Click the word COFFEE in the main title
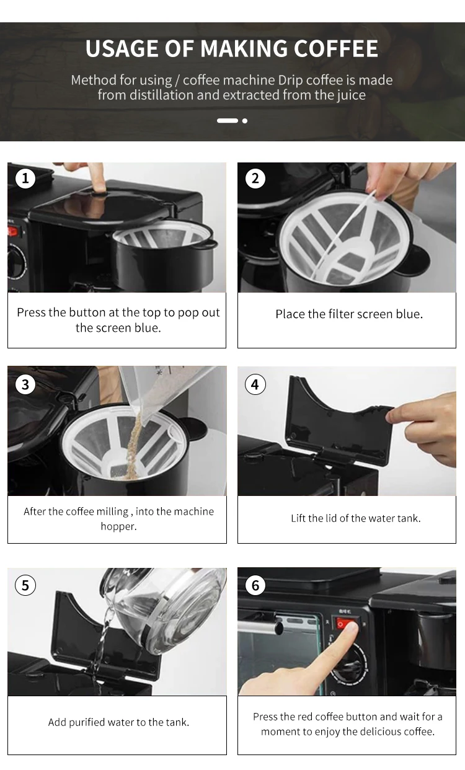coord(336,48)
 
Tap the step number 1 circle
coord(25,178)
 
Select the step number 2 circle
coord(255,178)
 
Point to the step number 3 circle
coord(25,384)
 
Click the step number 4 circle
coord(255,384)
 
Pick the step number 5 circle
coord(25,585)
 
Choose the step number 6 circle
coord(255,585)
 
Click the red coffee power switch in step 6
coord(345,623)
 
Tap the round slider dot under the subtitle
coord(245,121)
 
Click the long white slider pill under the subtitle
coord(228,121)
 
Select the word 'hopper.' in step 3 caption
coord(118,526)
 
